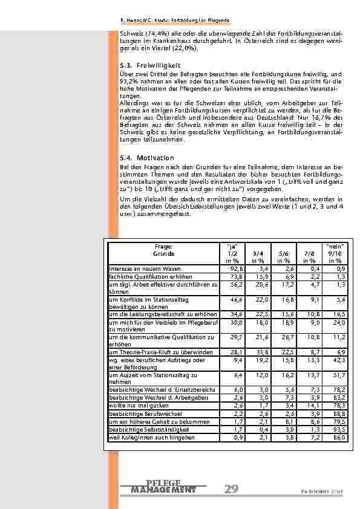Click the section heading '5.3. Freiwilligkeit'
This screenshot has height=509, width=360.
[x=151, y=65]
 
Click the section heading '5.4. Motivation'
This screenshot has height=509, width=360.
[x=147, y=158]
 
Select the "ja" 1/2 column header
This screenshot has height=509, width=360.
[x=231, y=253]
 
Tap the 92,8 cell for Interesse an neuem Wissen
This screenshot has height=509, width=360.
[x=235, y=268]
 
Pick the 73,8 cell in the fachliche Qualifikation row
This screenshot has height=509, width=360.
[x=235, y=276]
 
